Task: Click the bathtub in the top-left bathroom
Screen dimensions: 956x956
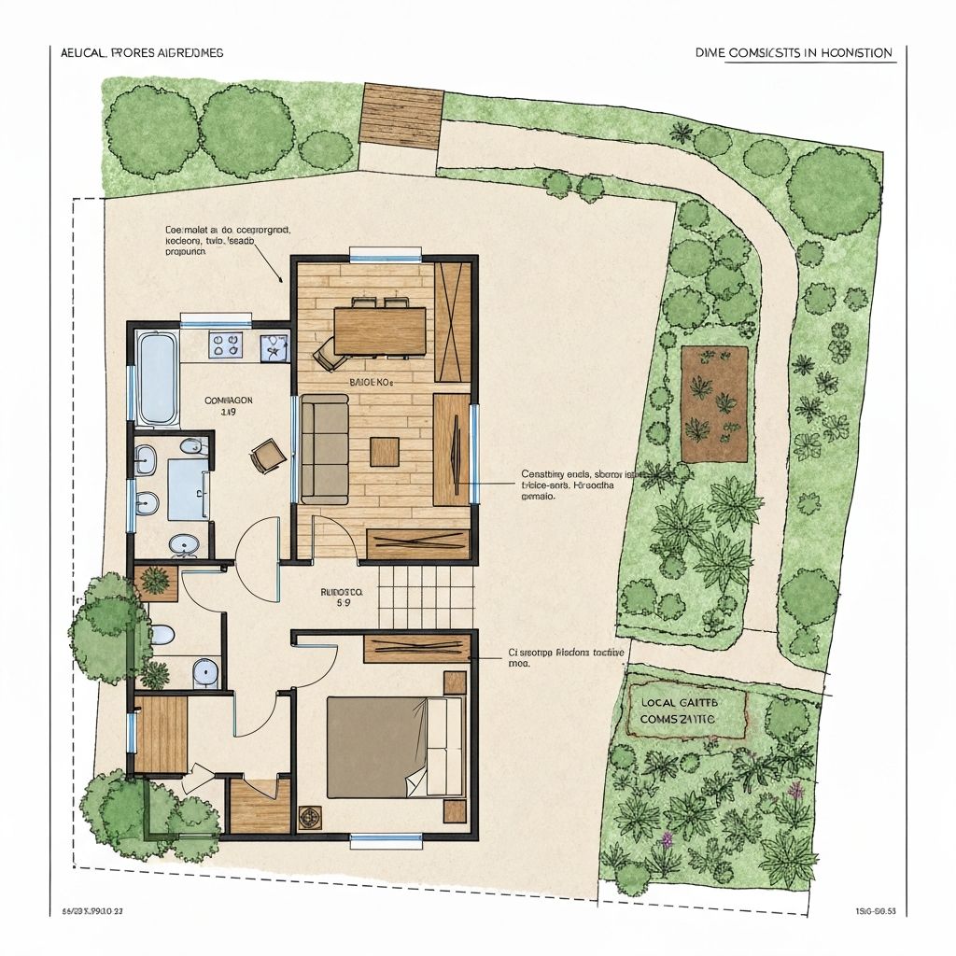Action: (157, 377)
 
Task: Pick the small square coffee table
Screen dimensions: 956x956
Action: (385, 452)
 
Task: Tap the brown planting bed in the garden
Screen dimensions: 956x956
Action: (715, 403)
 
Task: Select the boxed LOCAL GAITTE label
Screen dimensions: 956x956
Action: (689, 710)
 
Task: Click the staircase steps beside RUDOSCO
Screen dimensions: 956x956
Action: (426, 598)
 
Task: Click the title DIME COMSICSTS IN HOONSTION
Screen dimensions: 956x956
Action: (794, 53)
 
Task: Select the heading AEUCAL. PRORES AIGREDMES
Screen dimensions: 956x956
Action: (135, 53)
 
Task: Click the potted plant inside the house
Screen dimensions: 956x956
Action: (156, 580)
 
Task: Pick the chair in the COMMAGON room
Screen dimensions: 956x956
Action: (266, 456)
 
